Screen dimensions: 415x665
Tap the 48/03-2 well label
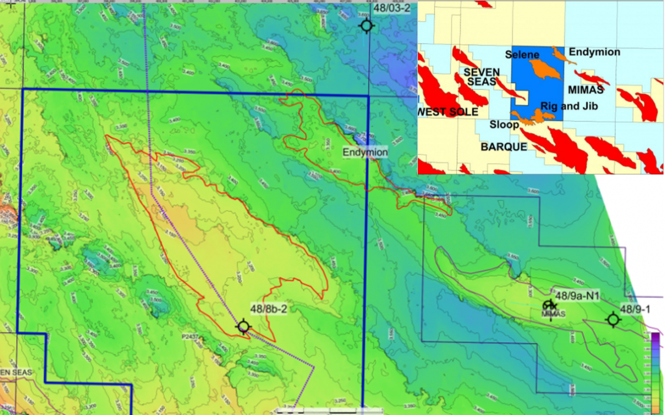(x=392, y=8)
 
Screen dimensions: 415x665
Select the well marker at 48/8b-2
(x=243, y=327)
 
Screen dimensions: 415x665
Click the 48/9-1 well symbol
(x=613, y=320)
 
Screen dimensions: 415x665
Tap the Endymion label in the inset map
(x=595, y=52)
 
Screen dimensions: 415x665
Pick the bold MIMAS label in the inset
(x=586, y=89)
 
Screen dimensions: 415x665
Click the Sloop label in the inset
(x=504, y=125)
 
